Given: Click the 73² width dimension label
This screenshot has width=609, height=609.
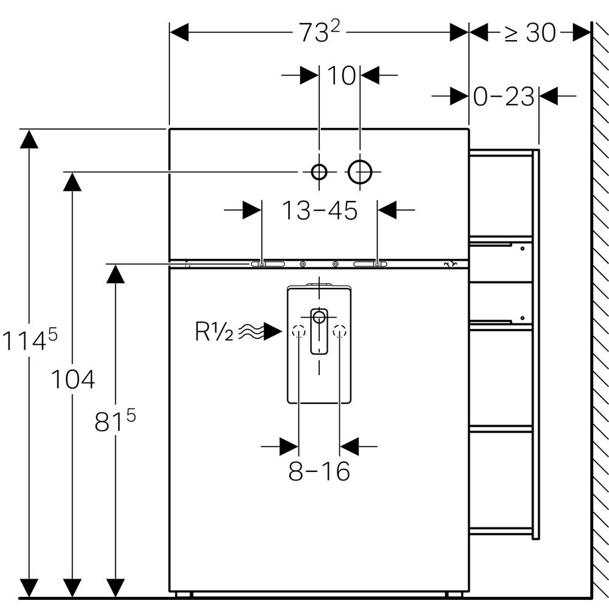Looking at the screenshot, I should [x=319, y=32].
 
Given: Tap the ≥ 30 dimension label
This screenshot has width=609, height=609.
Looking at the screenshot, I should [x=530, y=33].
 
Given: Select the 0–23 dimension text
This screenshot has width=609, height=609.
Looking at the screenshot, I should [x=504, y=96].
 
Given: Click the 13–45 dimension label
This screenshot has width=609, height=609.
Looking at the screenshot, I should [x=319, y=211].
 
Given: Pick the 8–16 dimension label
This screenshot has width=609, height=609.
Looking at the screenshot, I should [x=319, y=471].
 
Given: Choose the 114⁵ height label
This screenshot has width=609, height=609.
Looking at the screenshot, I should [x=29, y=340].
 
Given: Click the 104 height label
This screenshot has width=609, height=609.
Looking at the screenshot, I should [x=72, y=380].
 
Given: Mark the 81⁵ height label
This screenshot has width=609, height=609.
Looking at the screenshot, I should [x=114, y=421].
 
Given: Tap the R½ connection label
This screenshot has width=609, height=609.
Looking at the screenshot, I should [x=214, y=332].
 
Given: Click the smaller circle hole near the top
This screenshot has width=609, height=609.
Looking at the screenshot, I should [x=319, y=172].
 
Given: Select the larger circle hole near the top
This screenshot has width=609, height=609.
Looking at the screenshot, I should [x=360, y=172].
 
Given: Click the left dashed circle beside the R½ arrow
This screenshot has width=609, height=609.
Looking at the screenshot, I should [x=298, y=332].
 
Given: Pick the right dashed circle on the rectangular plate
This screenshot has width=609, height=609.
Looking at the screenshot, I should [x=340, y=332].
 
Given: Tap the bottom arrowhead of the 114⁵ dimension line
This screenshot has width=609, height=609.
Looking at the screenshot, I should [x=29, y=588].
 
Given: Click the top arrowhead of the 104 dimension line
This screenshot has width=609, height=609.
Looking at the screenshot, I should [x=72, y=182].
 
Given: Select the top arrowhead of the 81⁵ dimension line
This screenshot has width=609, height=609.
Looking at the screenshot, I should [x=115, y=274].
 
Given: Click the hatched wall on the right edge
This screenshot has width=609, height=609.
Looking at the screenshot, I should [x=600, y=304].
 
